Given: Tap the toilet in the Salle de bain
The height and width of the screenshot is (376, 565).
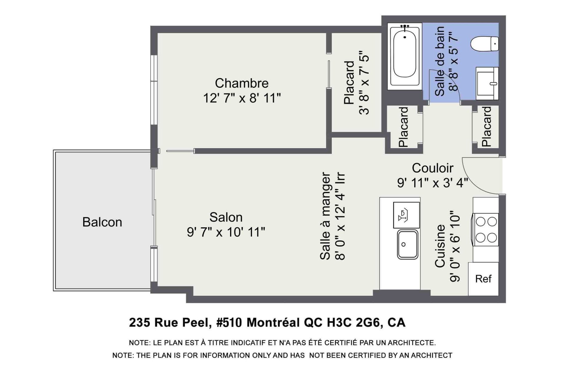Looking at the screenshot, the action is click(484, 44).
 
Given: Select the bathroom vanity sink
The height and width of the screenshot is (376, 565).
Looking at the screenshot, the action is click(487, 83).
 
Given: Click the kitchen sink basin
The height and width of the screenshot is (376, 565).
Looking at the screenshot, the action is click(408, 244).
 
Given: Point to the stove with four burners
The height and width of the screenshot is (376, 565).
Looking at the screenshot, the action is click(486, 229).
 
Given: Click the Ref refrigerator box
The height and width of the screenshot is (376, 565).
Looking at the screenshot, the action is click(483, 279).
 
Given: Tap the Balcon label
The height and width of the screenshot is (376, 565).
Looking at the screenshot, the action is click(102, 222).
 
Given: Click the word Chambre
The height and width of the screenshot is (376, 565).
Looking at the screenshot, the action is click(242, 83).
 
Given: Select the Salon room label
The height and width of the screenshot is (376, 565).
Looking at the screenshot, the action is click(226, 217).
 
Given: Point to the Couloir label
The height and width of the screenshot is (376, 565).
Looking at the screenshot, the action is click(433, 168).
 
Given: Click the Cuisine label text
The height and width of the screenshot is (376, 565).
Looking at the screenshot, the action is click(440, 246).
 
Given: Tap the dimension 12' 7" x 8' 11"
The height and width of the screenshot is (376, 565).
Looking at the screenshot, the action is click(242, 98).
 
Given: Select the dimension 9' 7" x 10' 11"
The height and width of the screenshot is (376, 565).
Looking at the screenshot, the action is click(226, 232).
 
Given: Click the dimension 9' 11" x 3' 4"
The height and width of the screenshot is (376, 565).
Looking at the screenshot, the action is click(433, 183).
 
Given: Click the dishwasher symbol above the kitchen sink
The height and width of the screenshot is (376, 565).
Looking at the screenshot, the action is click(406, 215).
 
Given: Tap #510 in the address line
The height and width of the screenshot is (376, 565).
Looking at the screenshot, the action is click(229, 323).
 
